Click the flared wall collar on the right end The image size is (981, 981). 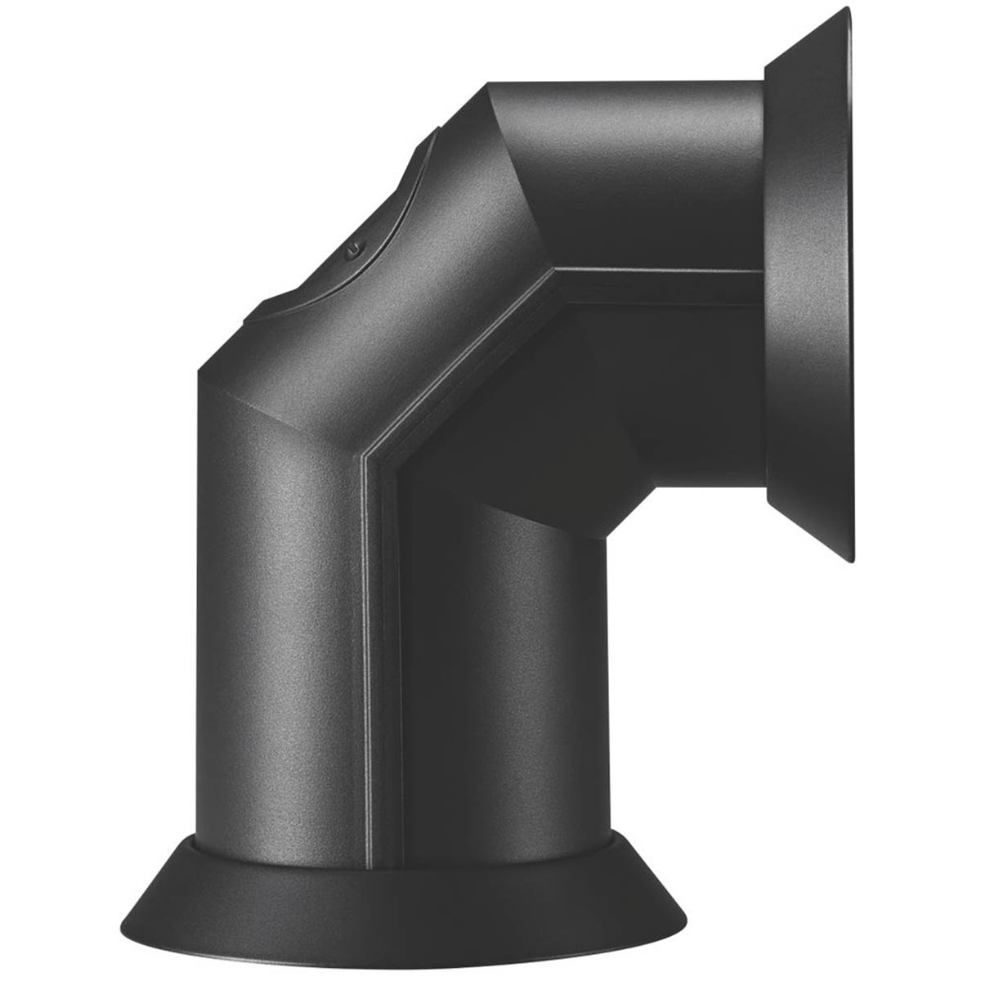click(809, 286)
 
